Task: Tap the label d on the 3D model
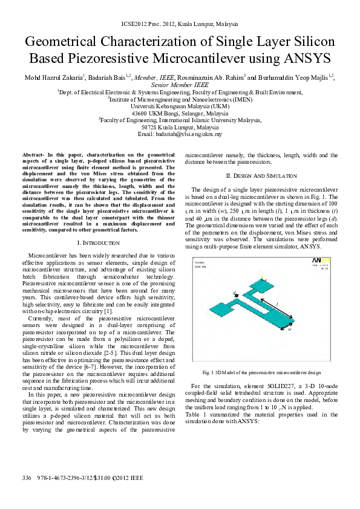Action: tap(234, 293)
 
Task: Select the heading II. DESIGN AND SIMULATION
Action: tap(261, 175)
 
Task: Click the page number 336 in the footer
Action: tap(26, 478)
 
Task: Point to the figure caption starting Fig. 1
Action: tap(261, 372)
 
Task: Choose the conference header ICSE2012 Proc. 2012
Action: tap(179, 24)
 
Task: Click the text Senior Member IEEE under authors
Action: tap(180, 85)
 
